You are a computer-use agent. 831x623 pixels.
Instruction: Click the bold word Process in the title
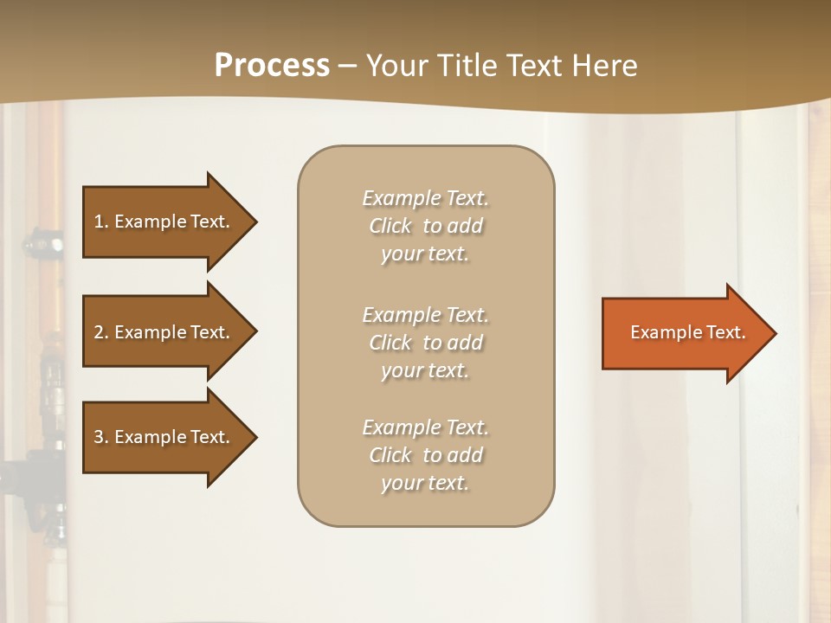[x=272, y=66]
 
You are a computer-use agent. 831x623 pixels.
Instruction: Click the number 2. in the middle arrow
[x=100, y=332]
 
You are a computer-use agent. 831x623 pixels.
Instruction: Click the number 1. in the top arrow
[x=100, y=222]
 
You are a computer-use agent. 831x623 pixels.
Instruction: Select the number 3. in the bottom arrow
[x=100, y=437]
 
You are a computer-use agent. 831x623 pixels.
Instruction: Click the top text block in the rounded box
[x=425, y=226]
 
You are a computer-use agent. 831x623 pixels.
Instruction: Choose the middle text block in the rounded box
[x=425, y=343]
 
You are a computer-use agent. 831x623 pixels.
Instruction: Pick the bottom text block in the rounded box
[x=425, y=455]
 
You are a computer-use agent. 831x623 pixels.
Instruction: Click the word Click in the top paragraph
[x=390, y=227]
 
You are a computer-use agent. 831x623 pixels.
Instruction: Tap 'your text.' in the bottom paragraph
[x=425, y=483]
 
